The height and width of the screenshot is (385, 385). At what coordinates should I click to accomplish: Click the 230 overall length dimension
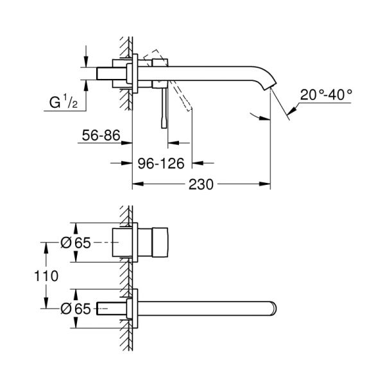click(201, 184)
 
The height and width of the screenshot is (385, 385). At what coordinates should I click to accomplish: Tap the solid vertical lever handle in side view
click(164, 107)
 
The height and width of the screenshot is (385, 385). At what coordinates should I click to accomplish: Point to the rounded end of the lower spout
click(275, 309)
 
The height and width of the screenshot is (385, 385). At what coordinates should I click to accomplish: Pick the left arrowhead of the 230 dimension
click(135, 184)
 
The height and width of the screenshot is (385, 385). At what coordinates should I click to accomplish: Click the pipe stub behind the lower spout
click(111, 309)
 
